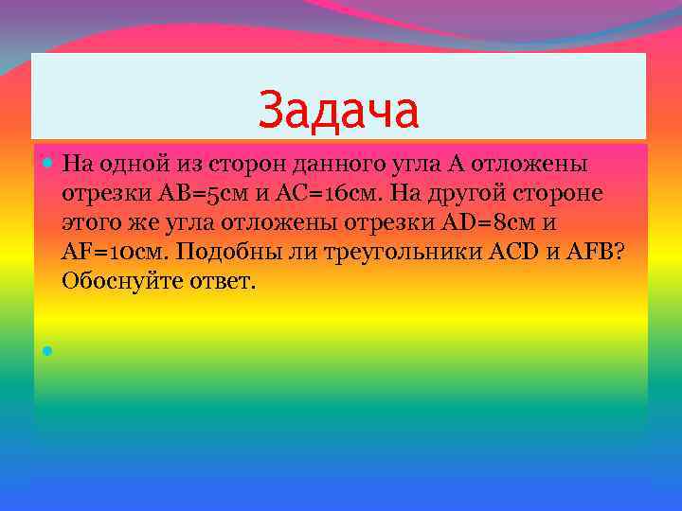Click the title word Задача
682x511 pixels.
pyautogui.click(x=338, y=109)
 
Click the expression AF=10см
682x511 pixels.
pyautogui.click(x=115, y=252)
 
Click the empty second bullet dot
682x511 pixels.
pyautogui.click(x=46, y=350)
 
